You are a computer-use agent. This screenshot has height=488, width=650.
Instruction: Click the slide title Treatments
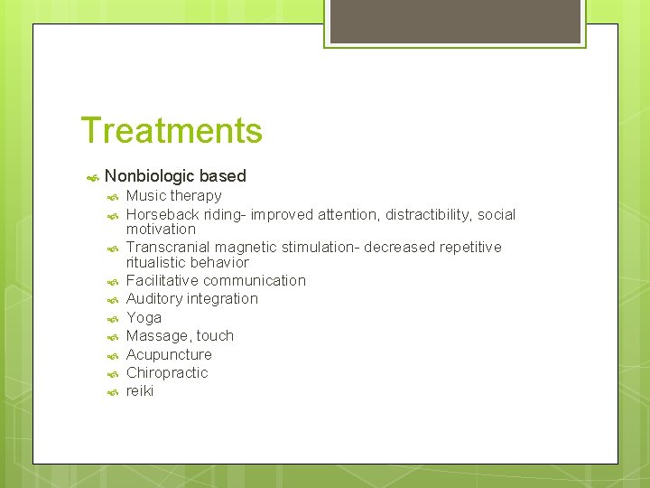point(172,130)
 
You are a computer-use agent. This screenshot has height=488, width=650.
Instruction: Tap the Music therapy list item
point(173,195)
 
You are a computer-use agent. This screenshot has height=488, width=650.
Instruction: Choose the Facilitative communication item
point(216,280)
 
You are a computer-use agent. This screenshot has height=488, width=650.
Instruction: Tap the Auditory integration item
point(191,298)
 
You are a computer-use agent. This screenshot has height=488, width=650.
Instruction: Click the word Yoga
point(144,317)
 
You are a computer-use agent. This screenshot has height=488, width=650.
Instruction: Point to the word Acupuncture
point(169,354)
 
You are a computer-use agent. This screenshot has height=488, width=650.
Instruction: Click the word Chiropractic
point(167,372)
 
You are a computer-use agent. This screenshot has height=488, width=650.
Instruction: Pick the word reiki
point(140,390)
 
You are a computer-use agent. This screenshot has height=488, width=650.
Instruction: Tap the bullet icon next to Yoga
point(112,319)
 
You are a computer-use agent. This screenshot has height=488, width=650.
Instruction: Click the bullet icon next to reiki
point(112,392)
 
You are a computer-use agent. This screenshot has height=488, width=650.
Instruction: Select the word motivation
point(161,230)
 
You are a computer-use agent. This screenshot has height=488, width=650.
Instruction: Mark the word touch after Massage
point(215,335)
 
